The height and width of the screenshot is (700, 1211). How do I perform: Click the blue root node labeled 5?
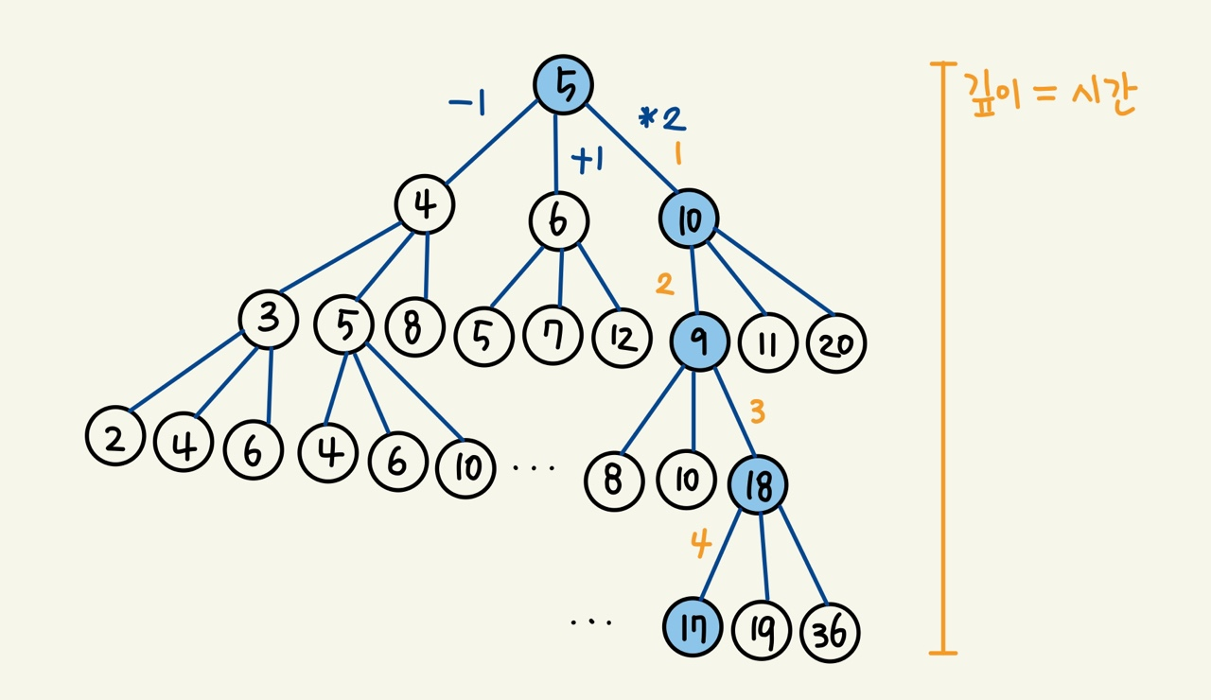pyautogui.click(x=563, y=85)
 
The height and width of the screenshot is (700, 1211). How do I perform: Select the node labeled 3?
pyautogui.click(x=269, y=321)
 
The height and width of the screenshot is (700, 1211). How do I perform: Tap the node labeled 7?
pyautogui.click(x=553, y=335)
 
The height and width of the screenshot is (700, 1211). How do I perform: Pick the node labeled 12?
pyautogui.click(x=623, y=337)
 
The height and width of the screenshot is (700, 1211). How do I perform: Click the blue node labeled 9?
pyautogui.click(x=700, y=341)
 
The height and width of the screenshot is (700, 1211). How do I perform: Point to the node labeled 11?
pyautogui.click(x=767, y=342)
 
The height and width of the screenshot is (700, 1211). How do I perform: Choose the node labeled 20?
pyautogui.click(x=836, y=344)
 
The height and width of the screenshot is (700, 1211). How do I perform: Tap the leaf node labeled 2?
pyautogui.click(x=114, y=438)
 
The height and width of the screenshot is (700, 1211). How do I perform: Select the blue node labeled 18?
pyautogui.click(x=758, y=484)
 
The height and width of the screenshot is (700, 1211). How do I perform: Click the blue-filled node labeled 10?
pyautogui.click(x=688, y=219)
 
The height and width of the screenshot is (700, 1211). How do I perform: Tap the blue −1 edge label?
pyautogui.click(x=467, y=103)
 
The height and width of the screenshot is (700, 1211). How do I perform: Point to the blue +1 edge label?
pyautogui.click(x=588, y=161)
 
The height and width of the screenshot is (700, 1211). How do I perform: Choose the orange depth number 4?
pyautogui.click(x=700, y=545)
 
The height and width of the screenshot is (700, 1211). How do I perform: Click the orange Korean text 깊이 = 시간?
pyautogui.click(x=1049, y=95)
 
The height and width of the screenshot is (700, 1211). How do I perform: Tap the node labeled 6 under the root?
pyautogui.click(x=559, y=221)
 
